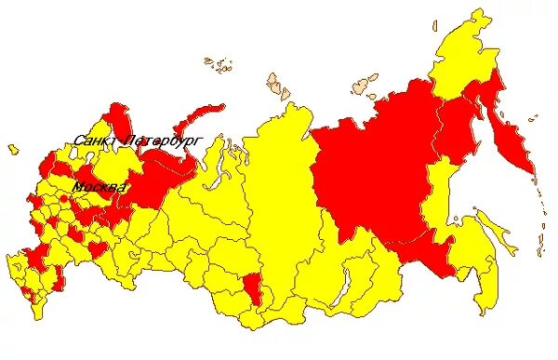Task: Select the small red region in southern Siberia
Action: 249,286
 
